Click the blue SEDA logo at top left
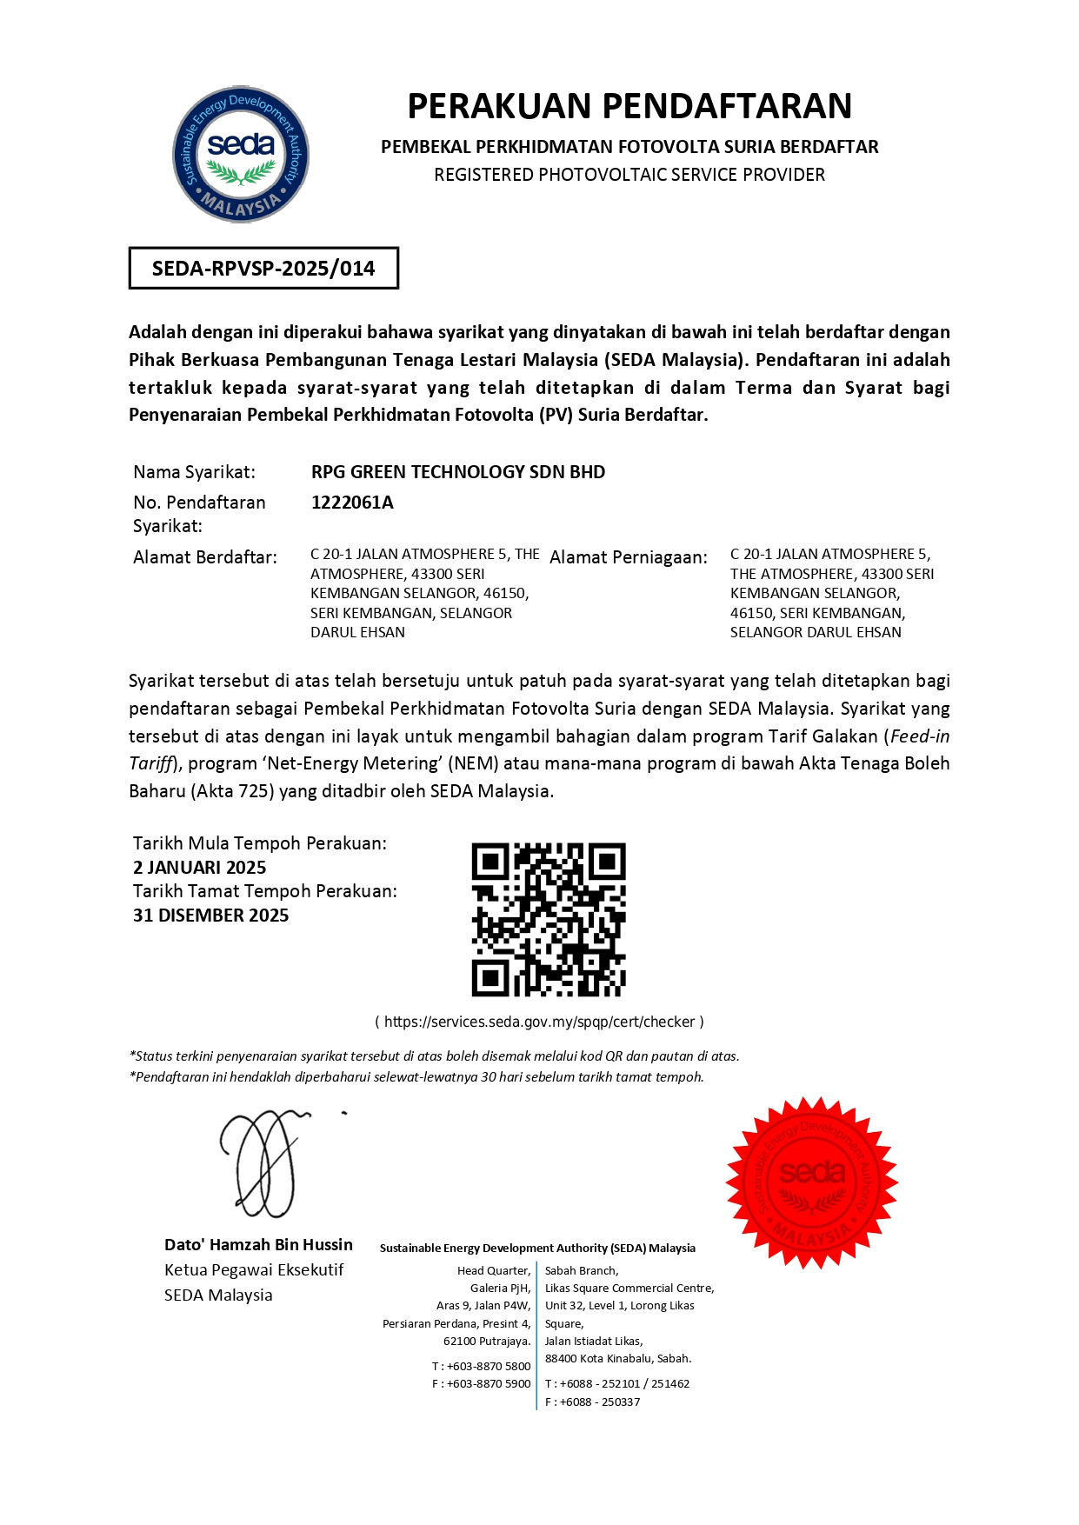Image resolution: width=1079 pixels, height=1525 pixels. tap(241, 154)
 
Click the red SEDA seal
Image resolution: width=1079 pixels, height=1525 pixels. tap(811, 1182)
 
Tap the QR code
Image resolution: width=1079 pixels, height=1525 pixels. tap(549, 919)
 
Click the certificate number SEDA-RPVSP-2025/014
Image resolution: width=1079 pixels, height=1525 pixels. tap(263, 268)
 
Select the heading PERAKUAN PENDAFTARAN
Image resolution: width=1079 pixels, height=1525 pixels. tap(629, 106)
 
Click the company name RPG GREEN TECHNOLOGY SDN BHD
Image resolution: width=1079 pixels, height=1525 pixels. tap(458, 472)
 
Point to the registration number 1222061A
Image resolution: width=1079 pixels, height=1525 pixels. tap(352, 503)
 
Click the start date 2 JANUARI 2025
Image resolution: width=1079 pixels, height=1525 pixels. tap(200, 868)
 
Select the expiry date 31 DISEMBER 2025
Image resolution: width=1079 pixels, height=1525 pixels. tap(211, 916)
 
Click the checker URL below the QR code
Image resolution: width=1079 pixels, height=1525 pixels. tap(539, 1022)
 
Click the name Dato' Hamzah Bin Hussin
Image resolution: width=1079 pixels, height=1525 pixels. tap(258, 1245)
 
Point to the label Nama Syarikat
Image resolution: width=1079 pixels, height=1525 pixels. tap(194, 472)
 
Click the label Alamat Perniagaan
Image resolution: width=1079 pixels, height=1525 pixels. tap(629, 557)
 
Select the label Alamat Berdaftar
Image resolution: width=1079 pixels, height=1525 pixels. tap(205, 557)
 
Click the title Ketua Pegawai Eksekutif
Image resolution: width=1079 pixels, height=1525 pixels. tap(254, 1270)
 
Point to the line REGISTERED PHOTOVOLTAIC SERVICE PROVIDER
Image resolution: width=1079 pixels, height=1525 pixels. tap(629, 175)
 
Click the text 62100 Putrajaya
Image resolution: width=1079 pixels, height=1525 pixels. tap(487, 1341)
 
